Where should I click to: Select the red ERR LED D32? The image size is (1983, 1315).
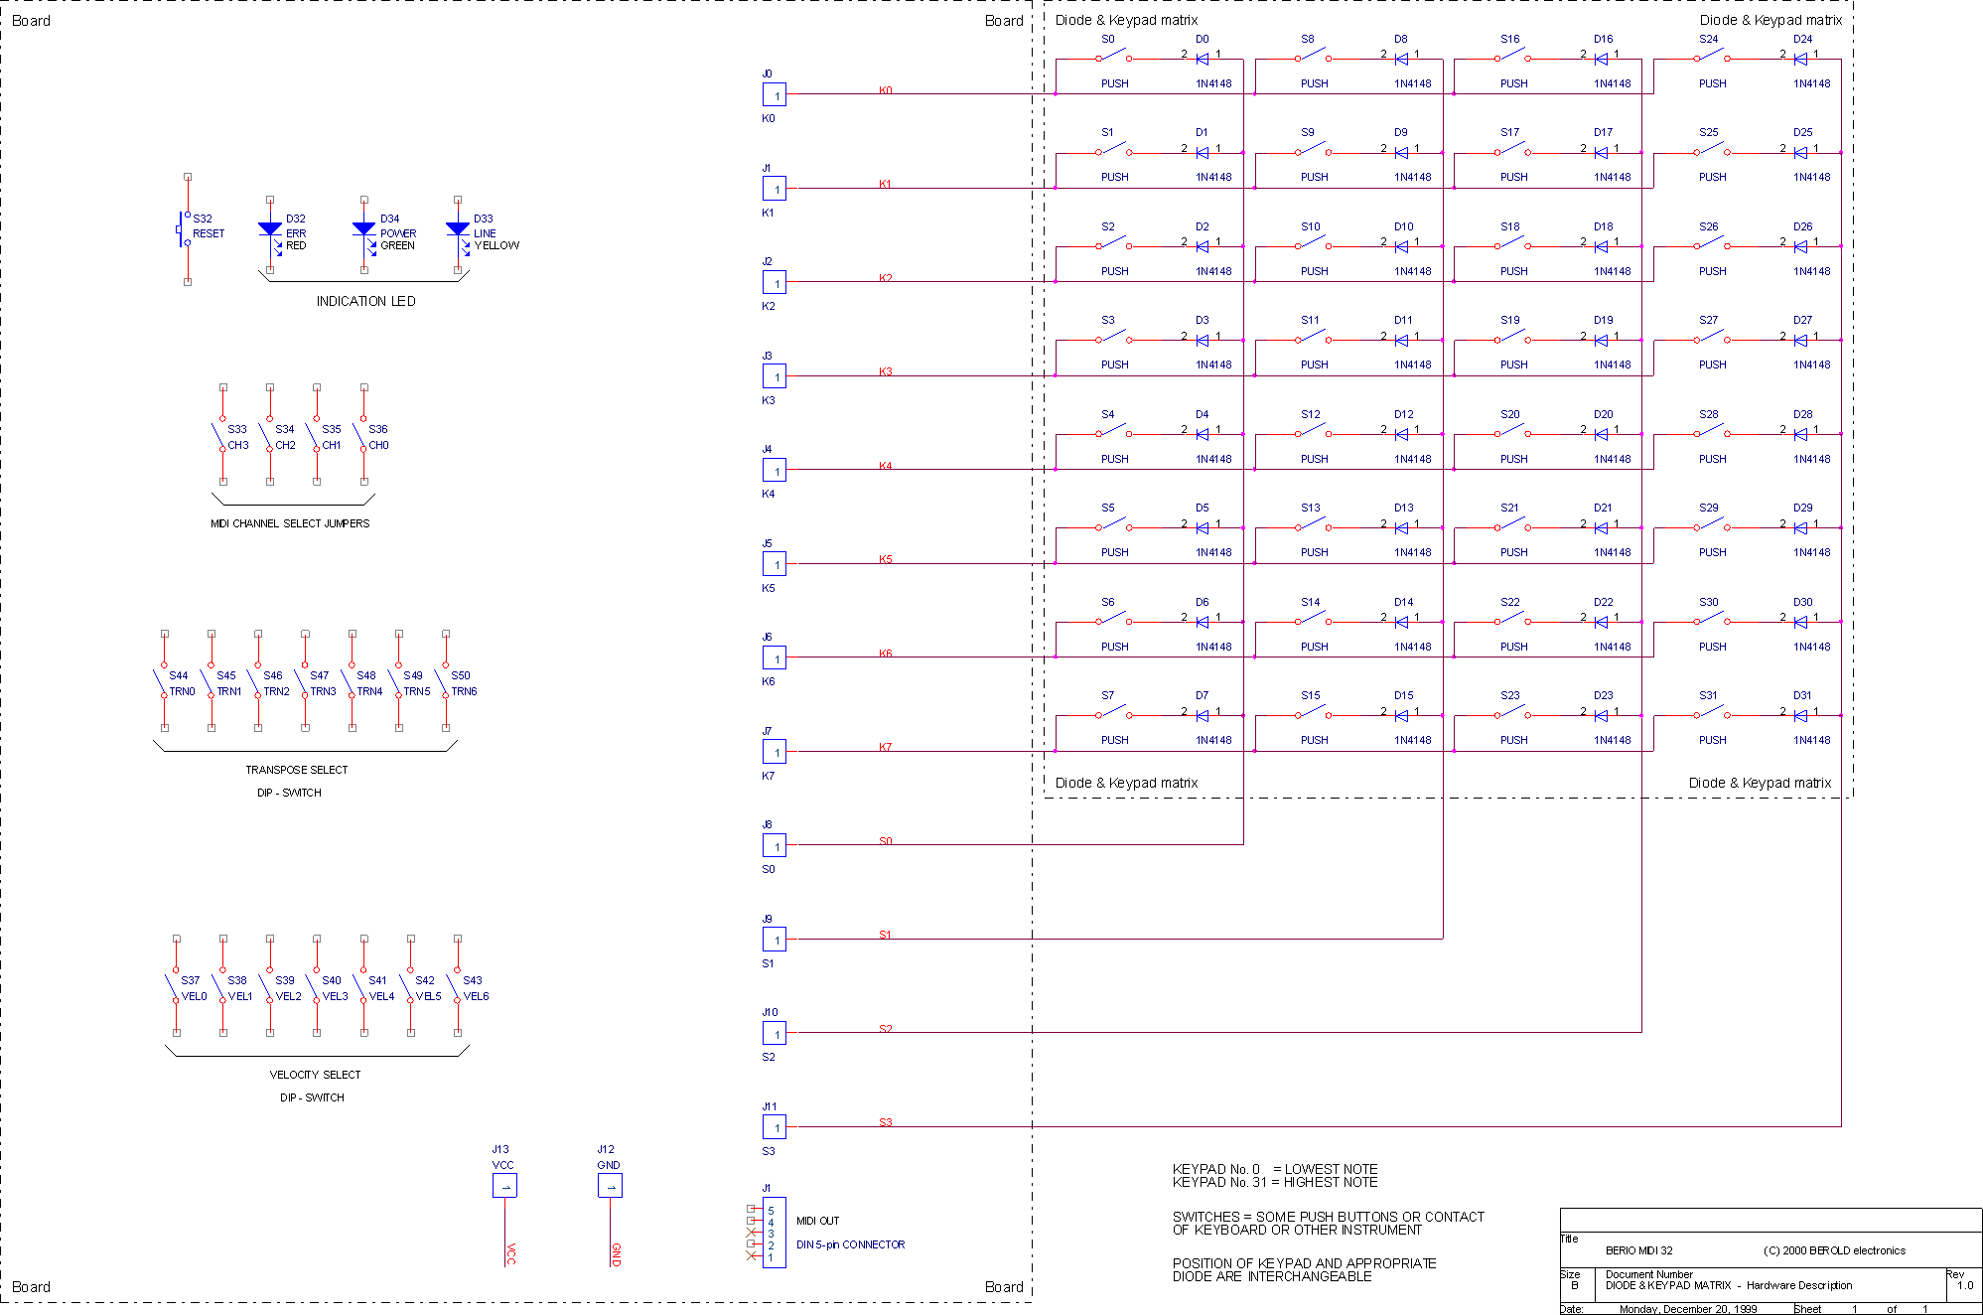click(270, 230)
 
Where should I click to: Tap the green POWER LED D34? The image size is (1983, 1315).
click(364, 230)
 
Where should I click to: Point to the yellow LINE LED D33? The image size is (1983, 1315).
click(458, 230)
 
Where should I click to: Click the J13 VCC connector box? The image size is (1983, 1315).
click(504, 1185)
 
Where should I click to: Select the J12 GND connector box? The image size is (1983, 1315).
click(610, 1185)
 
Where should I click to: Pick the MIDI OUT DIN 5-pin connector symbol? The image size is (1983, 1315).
click(774, 1233)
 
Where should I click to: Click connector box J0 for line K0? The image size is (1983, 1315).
click(775, 95)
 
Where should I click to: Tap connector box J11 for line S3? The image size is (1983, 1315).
click(775, 1127)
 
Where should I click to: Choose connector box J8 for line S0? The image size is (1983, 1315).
click(775, 846)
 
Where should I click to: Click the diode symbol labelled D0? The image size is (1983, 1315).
click(1203, 59)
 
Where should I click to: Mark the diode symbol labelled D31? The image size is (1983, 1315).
click(1800, 715)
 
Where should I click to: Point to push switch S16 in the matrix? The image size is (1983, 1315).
click(1511, 57)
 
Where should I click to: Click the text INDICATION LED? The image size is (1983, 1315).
click(365, 301)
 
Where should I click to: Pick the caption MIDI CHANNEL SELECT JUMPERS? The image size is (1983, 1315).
click(290, 523)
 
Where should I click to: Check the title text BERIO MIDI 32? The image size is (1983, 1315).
click(1638, 1250)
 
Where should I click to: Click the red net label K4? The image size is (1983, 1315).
click(886, 466)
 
